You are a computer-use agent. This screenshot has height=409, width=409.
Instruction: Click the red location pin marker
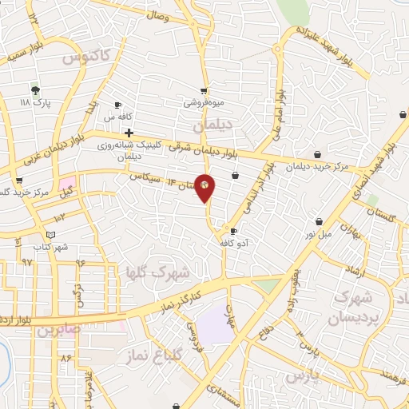click(205, 188)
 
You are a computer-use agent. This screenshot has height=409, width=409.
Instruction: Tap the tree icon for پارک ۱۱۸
click(35, 90)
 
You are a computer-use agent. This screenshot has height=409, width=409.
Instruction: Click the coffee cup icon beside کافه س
click(117, 105)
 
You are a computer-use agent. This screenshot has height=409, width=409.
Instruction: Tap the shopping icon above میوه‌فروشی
click(204, 90)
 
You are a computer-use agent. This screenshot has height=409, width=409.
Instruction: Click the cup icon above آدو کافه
click(233, 232)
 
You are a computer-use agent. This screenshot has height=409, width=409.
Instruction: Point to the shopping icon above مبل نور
click(319, 220)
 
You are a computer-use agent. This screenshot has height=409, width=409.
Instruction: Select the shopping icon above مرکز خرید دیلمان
click(318, 153)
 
